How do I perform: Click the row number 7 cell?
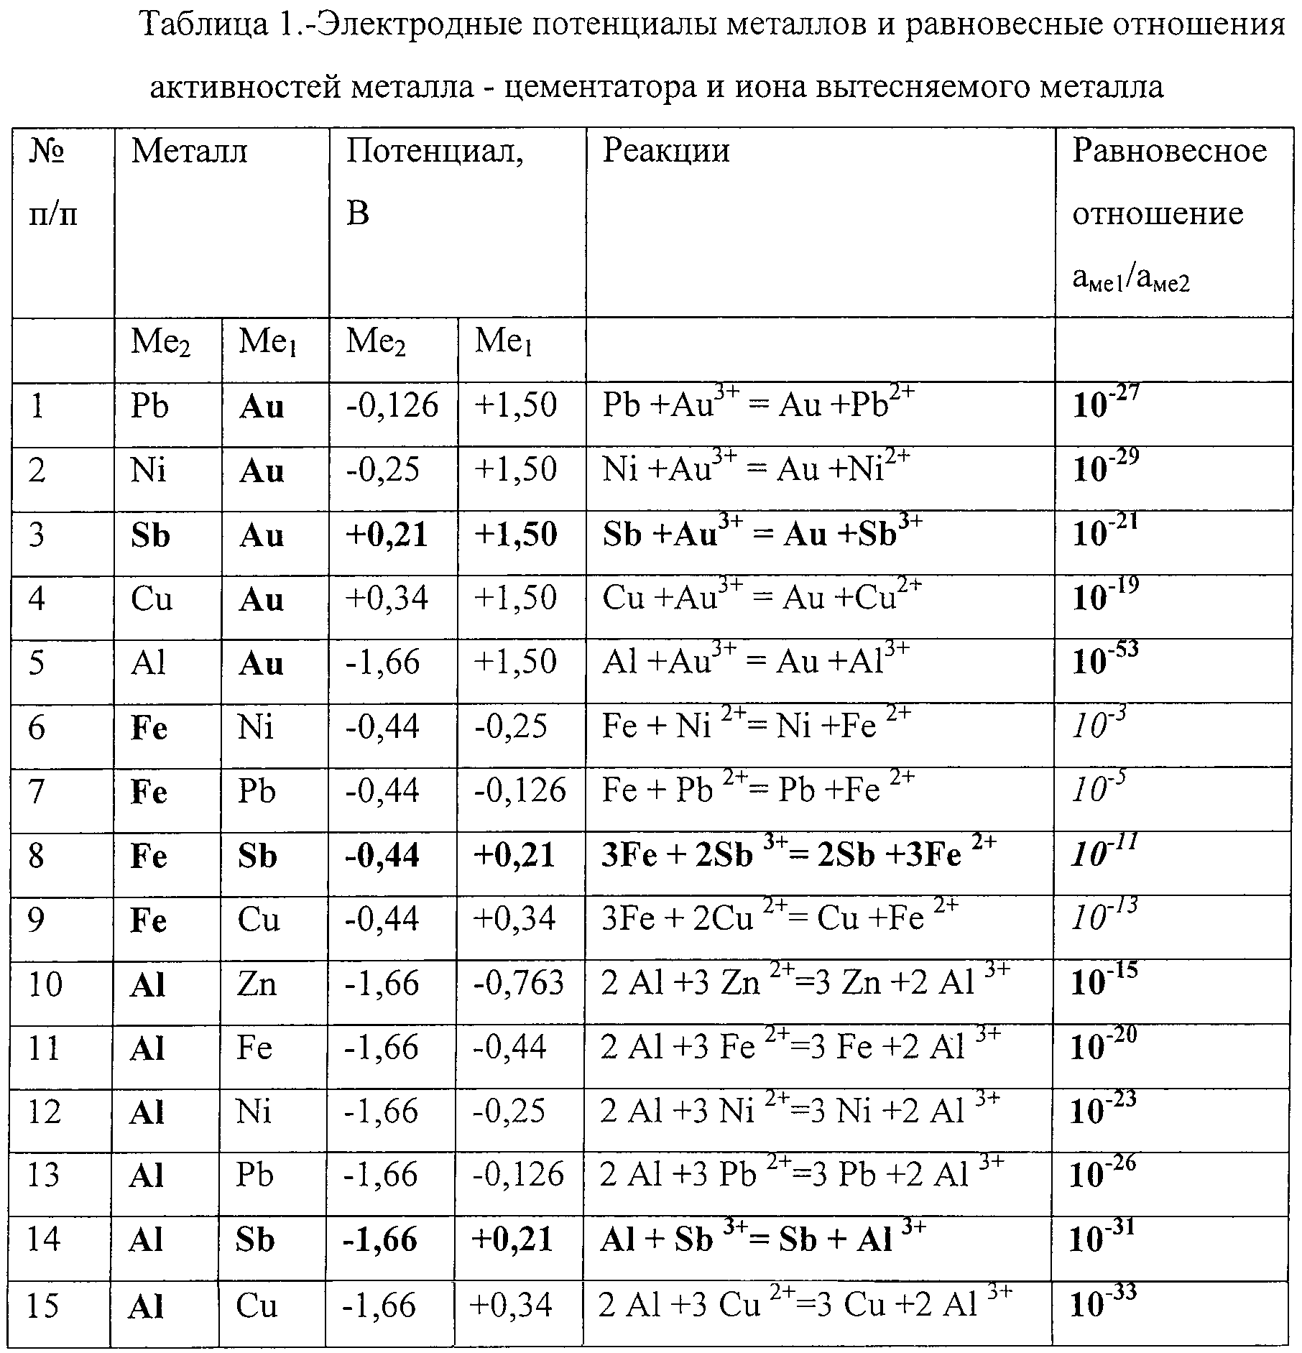(x=37, y=792)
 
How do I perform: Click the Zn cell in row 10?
(x=257, y=984)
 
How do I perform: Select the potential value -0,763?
(x=519, y=984)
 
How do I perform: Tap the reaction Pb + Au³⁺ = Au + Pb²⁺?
(x=758, y=405)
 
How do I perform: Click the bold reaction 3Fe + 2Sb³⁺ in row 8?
(x=798, y=855)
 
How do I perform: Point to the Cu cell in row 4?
(x=152, y=599)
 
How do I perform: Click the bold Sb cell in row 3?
(x=150, y=535)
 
